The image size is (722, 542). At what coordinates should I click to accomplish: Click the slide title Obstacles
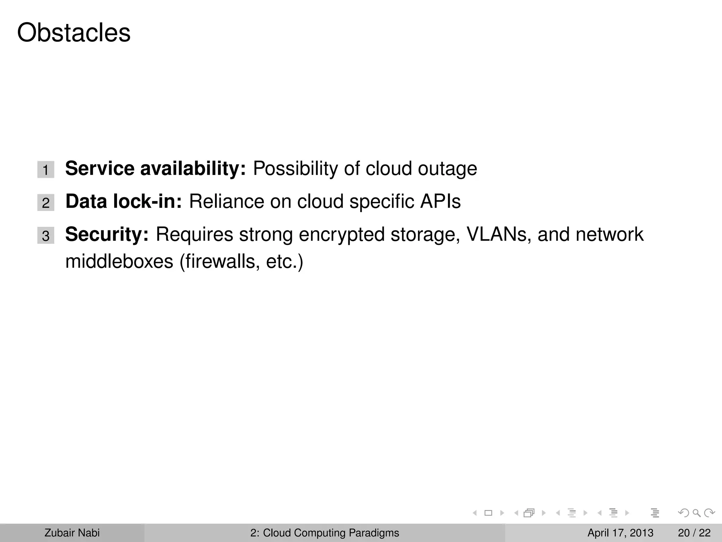[x=74, y=33]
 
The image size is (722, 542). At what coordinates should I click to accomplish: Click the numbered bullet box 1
[x=46, y=170]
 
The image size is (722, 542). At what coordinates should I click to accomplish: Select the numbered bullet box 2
[x=46, y=203]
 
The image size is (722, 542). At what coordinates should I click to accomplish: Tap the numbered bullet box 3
[x=46, y=236]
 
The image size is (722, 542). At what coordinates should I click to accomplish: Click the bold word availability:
[x=193, y=168]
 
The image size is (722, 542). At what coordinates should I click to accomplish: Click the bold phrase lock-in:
[x=147, y=201]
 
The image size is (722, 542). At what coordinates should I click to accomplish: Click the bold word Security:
[x=107, y=235]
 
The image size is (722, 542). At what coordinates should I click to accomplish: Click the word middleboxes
[x=119, y=261]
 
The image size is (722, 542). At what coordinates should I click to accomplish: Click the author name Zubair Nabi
[x=72, y=533]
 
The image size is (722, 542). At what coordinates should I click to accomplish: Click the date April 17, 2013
[x=620, y=533]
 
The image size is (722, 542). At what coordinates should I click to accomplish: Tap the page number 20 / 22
[x=694, y=533]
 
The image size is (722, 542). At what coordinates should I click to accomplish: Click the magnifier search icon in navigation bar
[x=696, y=513]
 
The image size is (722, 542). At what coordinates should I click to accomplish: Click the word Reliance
[x=226, y=201]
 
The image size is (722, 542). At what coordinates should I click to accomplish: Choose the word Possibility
[x=295, y=169]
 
